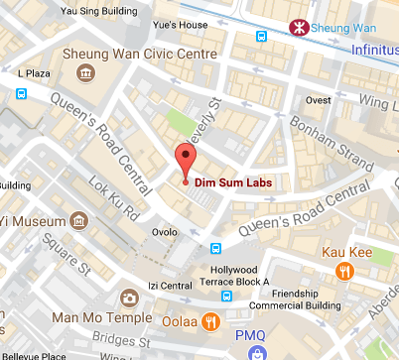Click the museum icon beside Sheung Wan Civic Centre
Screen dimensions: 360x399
coord(86,73)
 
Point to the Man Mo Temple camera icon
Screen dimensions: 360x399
coord(129,298)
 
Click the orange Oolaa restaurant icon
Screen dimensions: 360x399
coord(210,320)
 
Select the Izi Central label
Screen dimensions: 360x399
coord(170,287)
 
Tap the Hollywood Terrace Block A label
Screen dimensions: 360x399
coord(242,275)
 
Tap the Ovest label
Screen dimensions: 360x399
coord(318,99)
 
